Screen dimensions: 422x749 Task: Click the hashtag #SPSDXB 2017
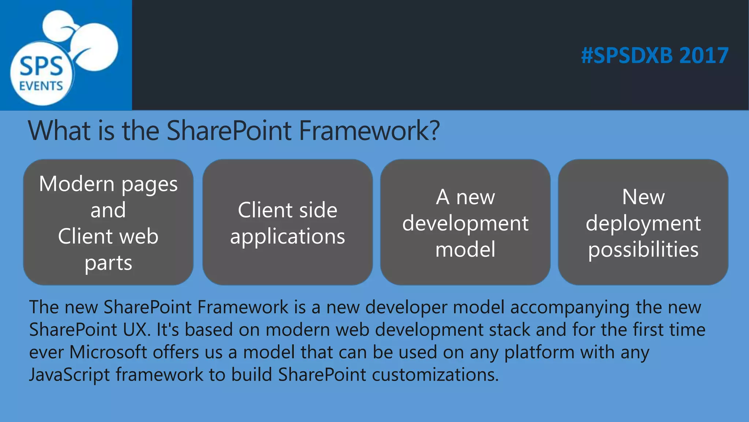click(x=655, y=56)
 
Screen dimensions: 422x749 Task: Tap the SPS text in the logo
click(x=41, y=67)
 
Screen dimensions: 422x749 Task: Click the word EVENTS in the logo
click(x=41, y=86)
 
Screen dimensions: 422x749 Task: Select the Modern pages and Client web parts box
click(x=108, y=222)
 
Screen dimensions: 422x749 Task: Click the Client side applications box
click(x=287, y=222)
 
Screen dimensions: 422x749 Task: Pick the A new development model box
click(x=465, y=222)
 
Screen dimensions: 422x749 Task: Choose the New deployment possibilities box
click(x=643, y=222)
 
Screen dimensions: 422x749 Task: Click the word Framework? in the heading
click(x=369, y=130)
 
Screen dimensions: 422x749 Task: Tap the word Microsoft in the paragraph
click(x=108, y=352)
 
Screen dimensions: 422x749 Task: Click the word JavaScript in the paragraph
click(x=69, y=375)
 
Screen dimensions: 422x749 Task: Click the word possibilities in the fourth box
click(x=643, y=250)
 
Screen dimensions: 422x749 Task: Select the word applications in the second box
click(x=287, y=237)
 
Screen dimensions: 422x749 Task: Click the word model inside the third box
click(x=465, y=249)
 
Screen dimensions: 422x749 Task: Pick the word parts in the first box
click(x=108, y=263)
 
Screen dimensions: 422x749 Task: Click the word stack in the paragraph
click(x=509, y=330)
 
